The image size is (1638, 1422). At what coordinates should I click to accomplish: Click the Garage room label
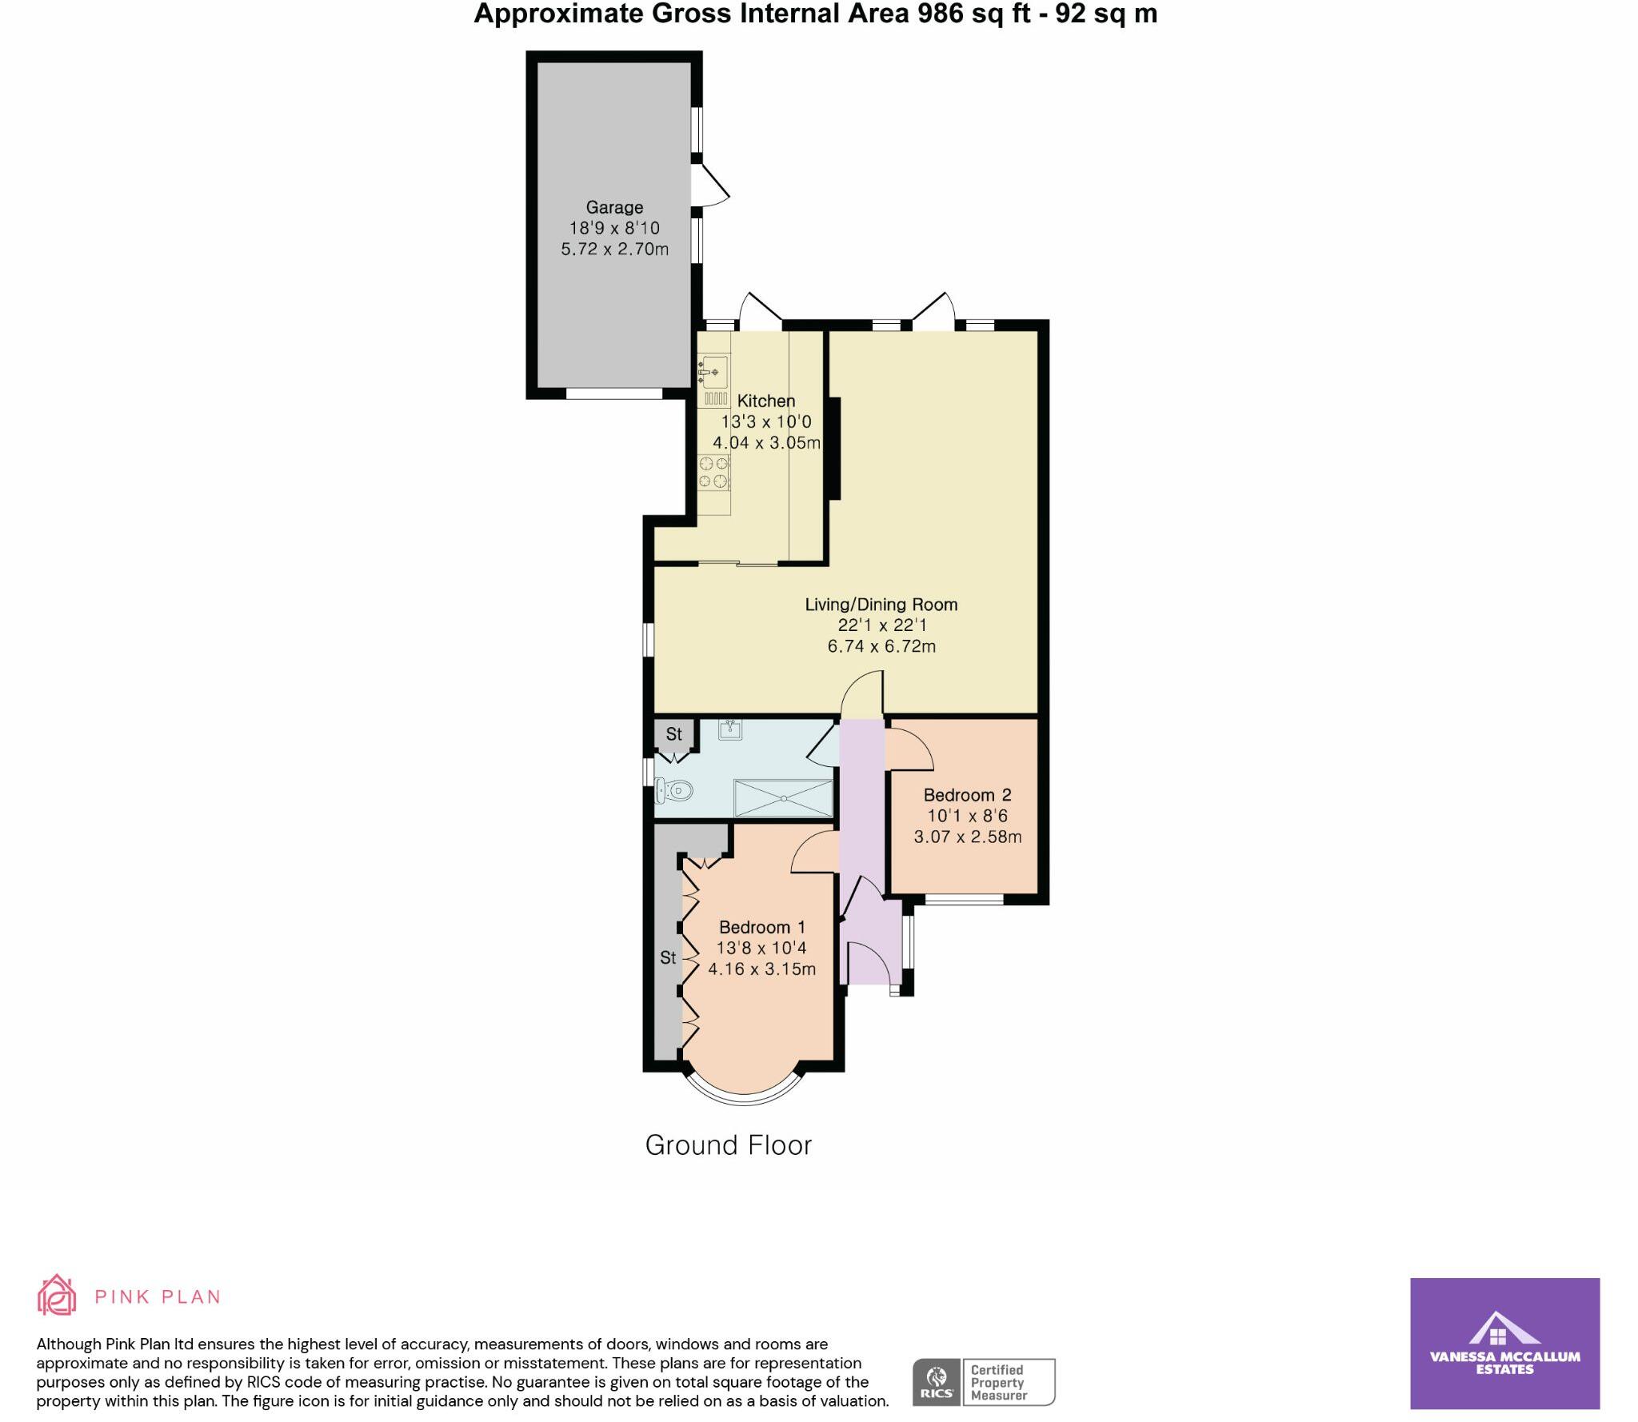614,207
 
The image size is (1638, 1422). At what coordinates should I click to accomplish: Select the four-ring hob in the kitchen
713,472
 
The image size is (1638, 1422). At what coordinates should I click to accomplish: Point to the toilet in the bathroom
673,791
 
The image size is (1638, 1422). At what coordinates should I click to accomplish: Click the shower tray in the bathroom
783,797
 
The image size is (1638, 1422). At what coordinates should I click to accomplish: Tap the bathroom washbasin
730,729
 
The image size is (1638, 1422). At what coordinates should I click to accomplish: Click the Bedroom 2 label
967,795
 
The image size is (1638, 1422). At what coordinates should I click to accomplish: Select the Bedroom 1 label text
761,927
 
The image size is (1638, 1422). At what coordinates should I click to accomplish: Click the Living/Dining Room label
881,605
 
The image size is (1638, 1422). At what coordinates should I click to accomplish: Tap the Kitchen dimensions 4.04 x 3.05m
766,442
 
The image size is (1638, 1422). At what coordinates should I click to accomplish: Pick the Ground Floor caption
728,1145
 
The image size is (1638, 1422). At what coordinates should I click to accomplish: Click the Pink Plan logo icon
57,1296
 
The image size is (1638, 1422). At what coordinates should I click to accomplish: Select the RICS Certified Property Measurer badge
984,1382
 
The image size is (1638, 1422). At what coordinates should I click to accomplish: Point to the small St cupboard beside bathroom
673,733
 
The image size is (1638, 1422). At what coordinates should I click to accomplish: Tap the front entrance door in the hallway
869,962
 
